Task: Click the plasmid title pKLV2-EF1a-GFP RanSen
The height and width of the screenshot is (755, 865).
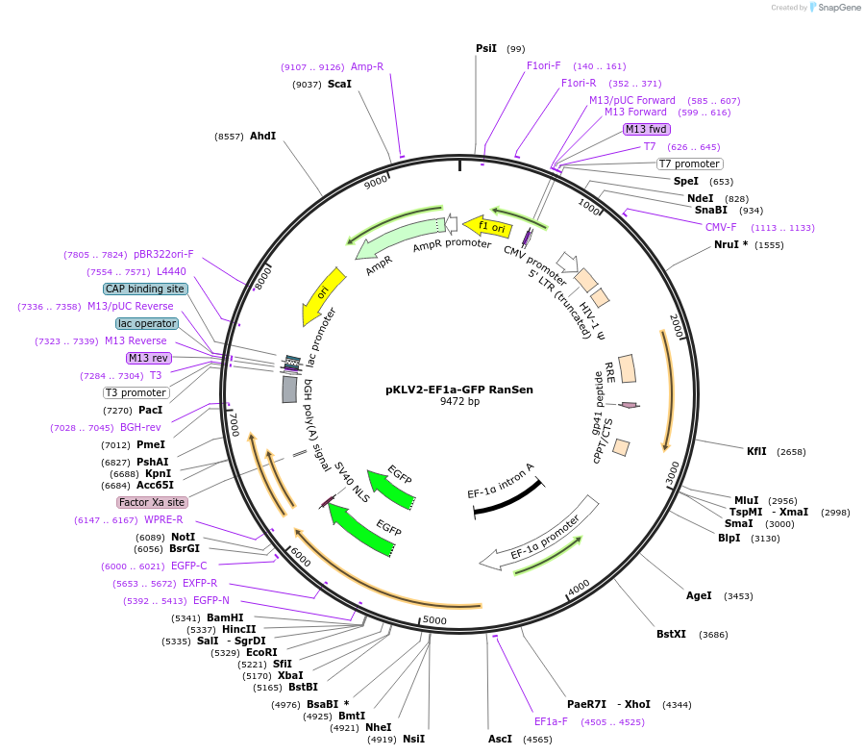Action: (458, 390)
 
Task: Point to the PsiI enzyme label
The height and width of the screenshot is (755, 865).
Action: (486, 48)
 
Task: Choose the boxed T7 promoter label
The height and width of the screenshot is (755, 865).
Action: (689, 164)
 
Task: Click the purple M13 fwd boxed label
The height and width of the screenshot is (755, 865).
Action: (646, 129)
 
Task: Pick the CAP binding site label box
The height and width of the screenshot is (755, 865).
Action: (145, 289)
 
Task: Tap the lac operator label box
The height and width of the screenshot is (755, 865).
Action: (146, 323)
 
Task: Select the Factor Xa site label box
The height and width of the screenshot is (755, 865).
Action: (152, 502)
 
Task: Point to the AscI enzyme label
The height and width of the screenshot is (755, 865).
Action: (500, 740)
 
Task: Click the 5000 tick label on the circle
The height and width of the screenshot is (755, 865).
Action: (434, 620)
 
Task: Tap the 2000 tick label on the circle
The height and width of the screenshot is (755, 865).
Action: (676, 326)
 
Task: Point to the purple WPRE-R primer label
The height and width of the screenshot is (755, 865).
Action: (163, 519)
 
